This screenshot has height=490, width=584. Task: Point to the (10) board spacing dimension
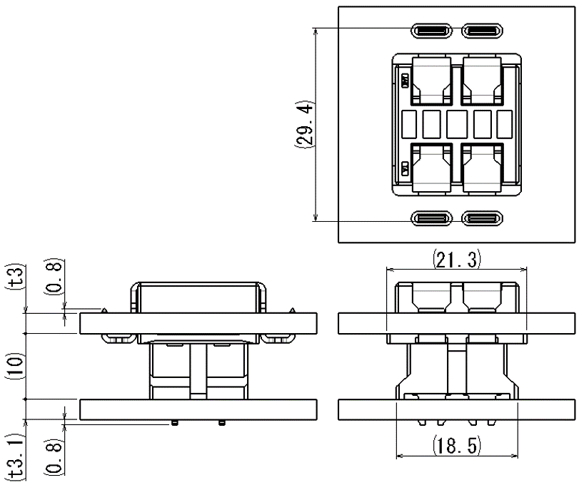click(x=16, y=366)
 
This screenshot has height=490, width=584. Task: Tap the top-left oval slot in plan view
click(x=431, y=31)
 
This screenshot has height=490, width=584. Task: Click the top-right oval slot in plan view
click(x=483, y=31)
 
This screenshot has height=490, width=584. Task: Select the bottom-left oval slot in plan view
click(x=431, y=218)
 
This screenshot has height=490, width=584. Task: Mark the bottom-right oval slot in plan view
click(x=483, y=218)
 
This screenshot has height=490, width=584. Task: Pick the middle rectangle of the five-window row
click(x=457, y=124)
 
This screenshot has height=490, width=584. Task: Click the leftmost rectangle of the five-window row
click(x=409, y=124)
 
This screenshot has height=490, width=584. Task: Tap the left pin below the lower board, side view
click(x=173, y=423)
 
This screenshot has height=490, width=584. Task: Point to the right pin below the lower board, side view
click(x=222, y=423)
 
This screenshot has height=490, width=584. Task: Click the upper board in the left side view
click(x=198, y=324)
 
